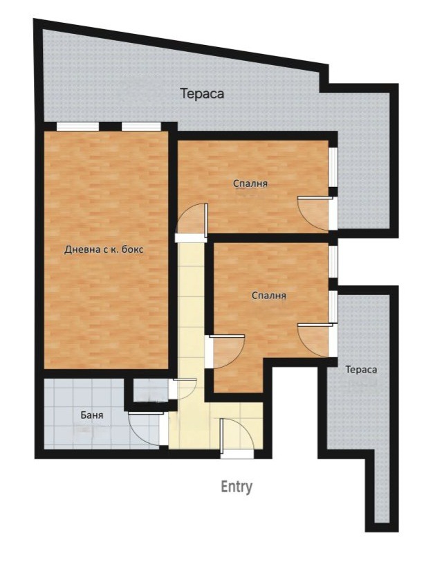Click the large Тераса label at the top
click(202, 93)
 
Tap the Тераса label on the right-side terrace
click(361, 370)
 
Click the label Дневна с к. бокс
click(104, 249)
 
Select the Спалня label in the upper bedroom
click(250, 183)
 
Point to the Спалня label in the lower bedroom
click(269, 296)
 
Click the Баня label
click(91, 415)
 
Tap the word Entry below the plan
click(237, 487)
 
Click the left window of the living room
click(77, 127)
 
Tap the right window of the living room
click(141, 127)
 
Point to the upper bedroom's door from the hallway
click(192, 223)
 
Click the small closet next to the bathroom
click(150, 390)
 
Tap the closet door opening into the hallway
click(183, 388)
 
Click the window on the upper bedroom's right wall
click(333, 167)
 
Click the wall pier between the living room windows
click(110, 127)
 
